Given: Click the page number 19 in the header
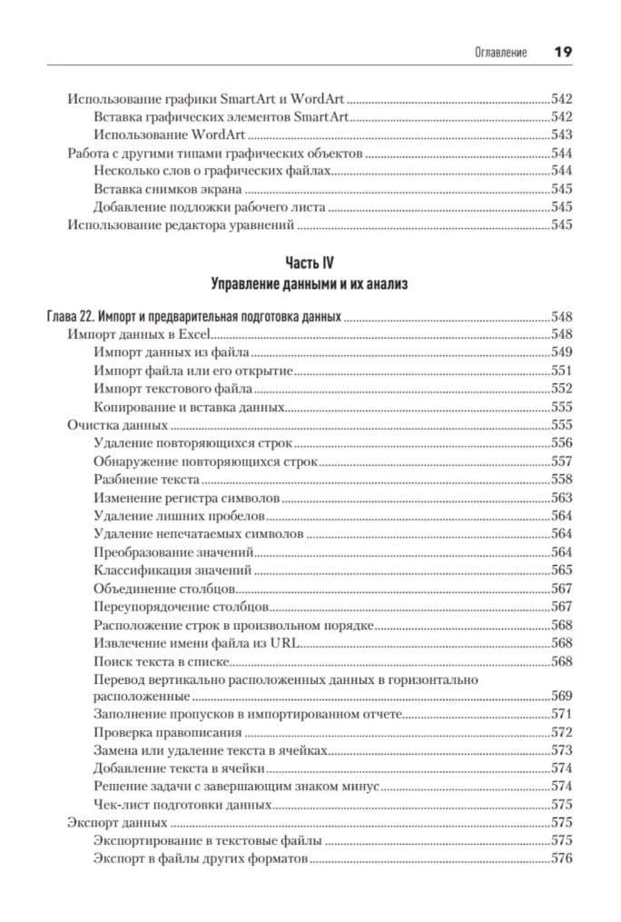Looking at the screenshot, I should (563, 52).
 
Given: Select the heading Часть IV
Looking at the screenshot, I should (310, 263).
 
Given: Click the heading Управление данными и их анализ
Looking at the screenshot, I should (310, 284).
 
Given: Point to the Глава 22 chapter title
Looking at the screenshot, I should (193, 317).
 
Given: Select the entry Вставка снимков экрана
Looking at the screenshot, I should (168, 189).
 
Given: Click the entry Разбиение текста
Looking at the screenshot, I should (146, 479).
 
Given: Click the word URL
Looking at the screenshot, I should (288, 642).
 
